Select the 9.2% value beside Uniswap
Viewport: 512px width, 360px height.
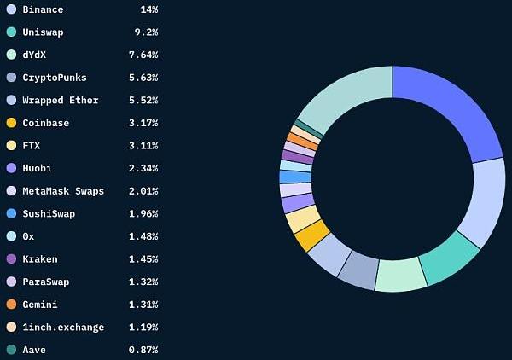pyautogui.click(x=144, y=32)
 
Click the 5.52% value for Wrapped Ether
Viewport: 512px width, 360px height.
pyautogui.click(x=142, y=100)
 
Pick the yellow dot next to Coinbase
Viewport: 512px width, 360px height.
pyautogui.click(x=11, y=123)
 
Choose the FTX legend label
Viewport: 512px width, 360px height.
pyautogui.click(x=32, y=145)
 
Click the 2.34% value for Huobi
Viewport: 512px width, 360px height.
pyautogui.click(x=142, y=168)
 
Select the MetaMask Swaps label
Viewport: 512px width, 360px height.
pyautogui.click(x=63, y=190)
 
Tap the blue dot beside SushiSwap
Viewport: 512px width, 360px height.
pyautogui.click(x=11, y=213)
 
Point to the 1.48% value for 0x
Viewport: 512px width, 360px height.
pyautogui.click(x=142, y=236)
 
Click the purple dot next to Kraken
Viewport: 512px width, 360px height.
pyautogui.click(x=11, y=258)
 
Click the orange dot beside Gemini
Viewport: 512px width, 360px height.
pyautogui.click(x=11, y=305)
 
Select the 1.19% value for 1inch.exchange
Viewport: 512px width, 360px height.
pyautogui.click(x=142, y=327)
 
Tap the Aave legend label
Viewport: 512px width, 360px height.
pyautogui.click(x=34, y=350)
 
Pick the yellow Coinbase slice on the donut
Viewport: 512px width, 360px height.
pyautogui.click(x=311, y=235)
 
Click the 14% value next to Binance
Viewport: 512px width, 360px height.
pyautogui.click(x=148, y=9)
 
